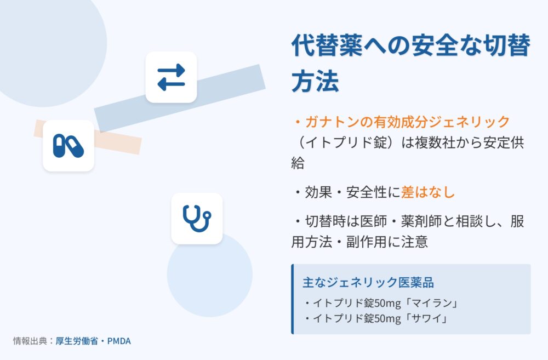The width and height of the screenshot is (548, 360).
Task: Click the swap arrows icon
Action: coord(171,77)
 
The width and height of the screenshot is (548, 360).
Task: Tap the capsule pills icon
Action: coord(68,146)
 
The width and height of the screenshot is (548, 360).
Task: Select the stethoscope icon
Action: coord(197,219)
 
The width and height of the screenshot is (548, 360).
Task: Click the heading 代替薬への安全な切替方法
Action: coord(410,63)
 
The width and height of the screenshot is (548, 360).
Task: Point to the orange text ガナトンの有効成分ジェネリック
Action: coord(408,122)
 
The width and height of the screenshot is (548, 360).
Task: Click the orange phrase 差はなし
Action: coord(428,192)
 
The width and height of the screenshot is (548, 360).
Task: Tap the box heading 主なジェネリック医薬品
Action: coord(368,282)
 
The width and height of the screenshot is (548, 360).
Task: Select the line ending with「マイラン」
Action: coord(381,303)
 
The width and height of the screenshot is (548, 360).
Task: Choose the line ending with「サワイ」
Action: coord(376,318)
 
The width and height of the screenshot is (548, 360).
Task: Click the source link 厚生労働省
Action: coord(77,341)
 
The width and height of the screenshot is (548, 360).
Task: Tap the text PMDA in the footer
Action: coord(119,341)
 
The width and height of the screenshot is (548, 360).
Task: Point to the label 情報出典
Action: coord(30,341)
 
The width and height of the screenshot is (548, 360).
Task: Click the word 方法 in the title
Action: coord(315,82)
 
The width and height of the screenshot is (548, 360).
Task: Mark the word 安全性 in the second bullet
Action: coord(367,192)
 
